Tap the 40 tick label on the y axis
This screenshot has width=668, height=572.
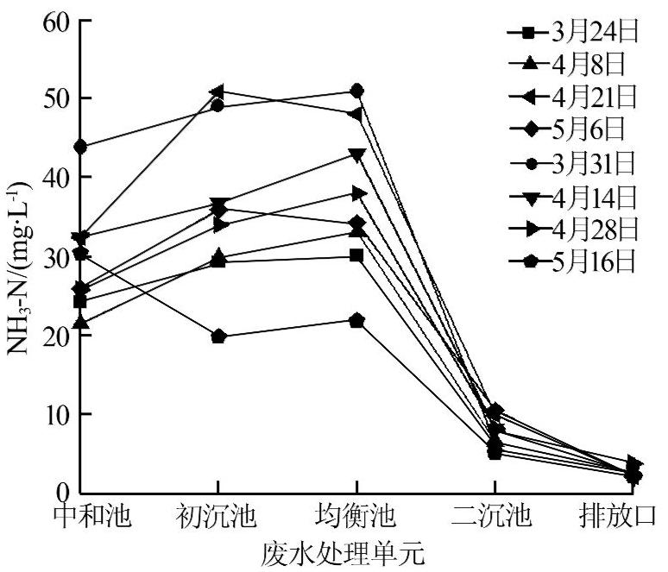[x=52, y=178]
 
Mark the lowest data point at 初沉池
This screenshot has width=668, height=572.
[x=218, y=336]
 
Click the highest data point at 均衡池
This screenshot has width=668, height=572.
[x=356, y=91]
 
